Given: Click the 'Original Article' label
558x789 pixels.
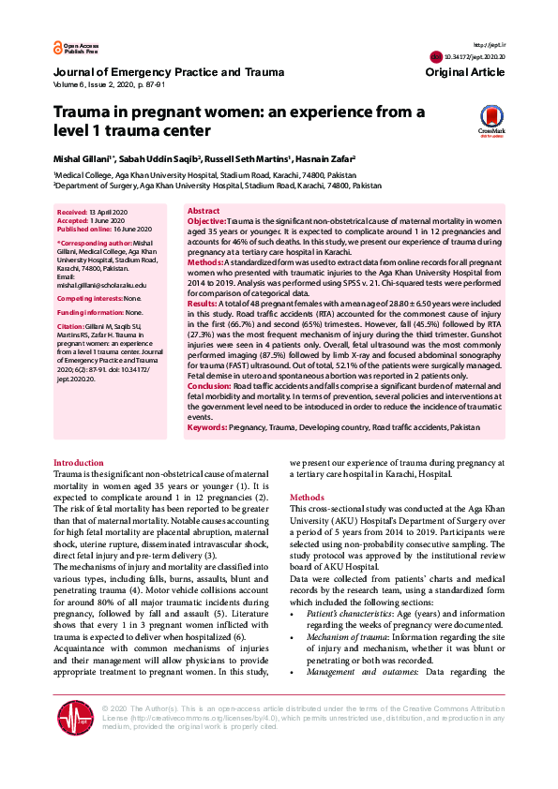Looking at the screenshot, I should (464, 72).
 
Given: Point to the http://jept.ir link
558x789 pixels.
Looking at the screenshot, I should (490, 45).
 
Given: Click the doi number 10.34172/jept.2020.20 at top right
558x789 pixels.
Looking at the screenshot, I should (475, 57).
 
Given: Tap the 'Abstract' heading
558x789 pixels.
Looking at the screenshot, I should (204, 211).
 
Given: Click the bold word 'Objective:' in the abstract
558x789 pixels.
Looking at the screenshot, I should (206, 220).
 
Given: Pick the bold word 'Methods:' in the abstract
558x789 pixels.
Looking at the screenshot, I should (204, 263).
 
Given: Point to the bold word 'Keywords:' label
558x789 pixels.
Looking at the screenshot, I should (207, 427).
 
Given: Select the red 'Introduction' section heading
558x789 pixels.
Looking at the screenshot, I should (79, 463).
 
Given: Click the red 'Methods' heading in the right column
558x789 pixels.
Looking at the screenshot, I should (307, 497).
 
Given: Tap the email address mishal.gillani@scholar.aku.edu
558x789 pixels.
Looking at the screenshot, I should (101, 285).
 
